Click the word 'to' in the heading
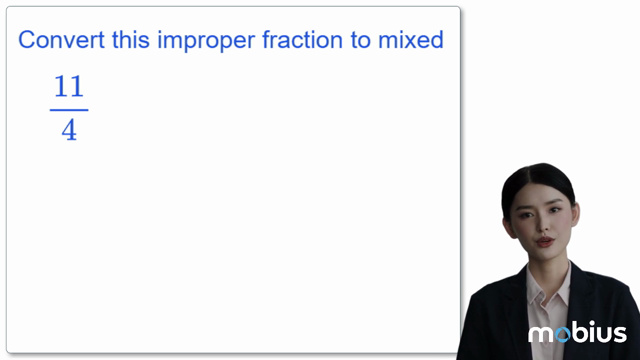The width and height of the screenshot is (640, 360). pos(345,41)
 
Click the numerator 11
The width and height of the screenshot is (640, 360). pos(68,89)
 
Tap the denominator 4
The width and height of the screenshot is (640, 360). pos(68,131)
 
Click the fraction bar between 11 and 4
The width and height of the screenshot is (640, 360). pos(68,110)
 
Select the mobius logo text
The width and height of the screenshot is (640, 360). pos(577,333)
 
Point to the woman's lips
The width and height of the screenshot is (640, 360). pos(543,241)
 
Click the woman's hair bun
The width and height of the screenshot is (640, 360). pos(540,172)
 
